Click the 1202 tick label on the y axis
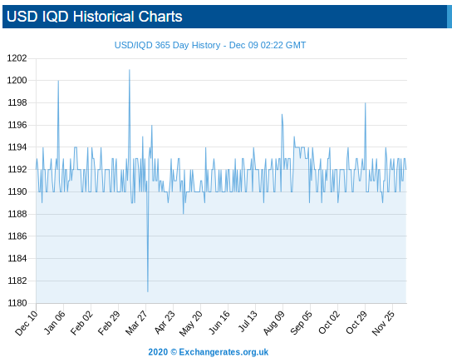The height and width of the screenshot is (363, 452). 17,58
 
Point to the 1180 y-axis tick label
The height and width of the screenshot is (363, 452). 17,303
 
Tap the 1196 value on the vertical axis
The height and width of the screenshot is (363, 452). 17,125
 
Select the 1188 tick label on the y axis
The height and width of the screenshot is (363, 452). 17,214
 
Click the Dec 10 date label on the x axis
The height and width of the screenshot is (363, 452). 27,323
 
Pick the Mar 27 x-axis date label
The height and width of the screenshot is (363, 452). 136,323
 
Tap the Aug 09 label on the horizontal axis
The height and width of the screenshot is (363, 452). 273,323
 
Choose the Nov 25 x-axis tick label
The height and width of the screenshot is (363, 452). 383,323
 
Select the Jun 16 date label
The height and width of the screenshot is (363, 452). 219,323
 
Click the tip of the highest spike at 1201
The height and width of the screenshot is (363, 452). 130,70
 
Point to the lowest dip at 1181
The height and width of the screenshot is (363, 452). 148,291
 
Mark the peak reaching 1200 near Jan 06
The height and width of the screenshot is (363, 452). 58,81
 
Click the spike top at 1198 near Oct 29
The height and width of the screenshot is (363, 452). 366,102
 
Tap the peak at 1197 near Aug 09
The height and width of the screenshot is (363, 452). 282,114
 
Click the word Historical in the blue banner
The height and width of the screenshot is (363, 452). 104,17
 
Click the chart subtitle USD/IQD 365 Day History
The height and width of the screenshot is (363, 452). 167,45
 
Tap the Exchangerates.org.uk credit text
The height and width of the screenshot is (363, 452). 224,352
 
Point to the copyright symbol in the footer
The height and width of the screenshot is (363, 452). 174,352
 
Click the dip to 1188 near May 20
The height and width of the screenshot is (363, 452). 183,214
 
